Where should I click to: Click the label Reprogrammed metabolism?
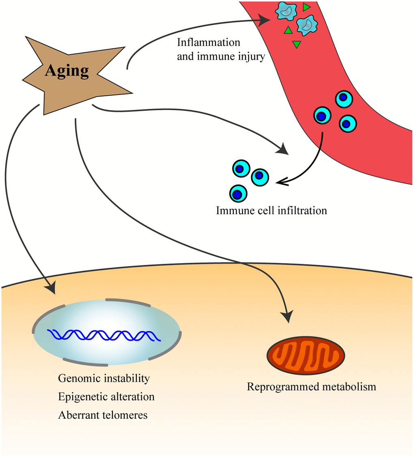click(x=311, y=386)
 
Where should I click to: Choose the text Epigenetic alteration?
click(x=106, y=397)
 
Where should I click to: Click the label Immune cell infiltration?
click(x=272, y=211)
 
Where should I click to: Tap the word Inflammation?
click(x=209, y=42)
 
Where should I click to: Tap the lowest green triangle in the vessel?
click(x=297, y=44)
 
